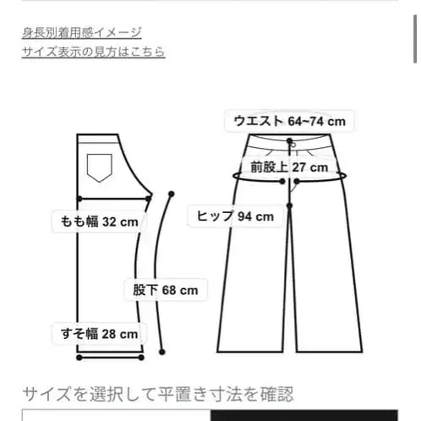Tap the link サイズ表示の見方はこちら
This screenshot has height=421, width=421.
tap(93, 52)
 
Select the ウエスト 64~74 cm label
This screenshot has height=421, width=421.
tap(289, 122)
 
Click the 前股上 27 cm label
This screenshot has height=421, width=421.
tap(287, 167)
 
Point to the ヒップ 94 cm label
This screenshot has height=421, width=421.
tap(235, 216)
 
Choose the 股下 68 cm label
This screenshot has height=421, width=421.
tap(165, 291)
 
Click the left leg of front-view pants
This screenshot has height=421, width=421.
tap(254, 287)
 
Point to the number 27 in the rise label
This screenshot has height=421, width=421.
tap(299, 167)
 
